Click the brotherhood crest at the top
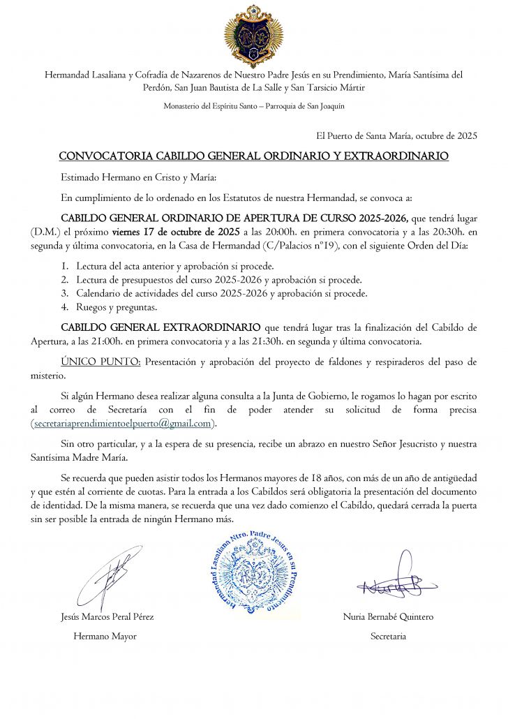[253, 36]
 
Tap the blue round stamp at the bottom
[253, 572]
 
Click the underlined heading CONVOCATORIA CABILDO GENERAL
[253, 156]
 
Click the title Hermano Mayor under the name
[105, 636]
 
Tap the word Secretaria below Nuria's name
[389, 636]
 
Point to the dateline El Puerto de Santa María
[397, 136]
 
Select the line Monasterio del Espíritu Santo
[253, 106]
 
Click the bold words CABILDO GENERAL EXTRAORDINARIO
[161, 327]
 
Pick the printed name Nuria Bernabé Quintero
[389, 616]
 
